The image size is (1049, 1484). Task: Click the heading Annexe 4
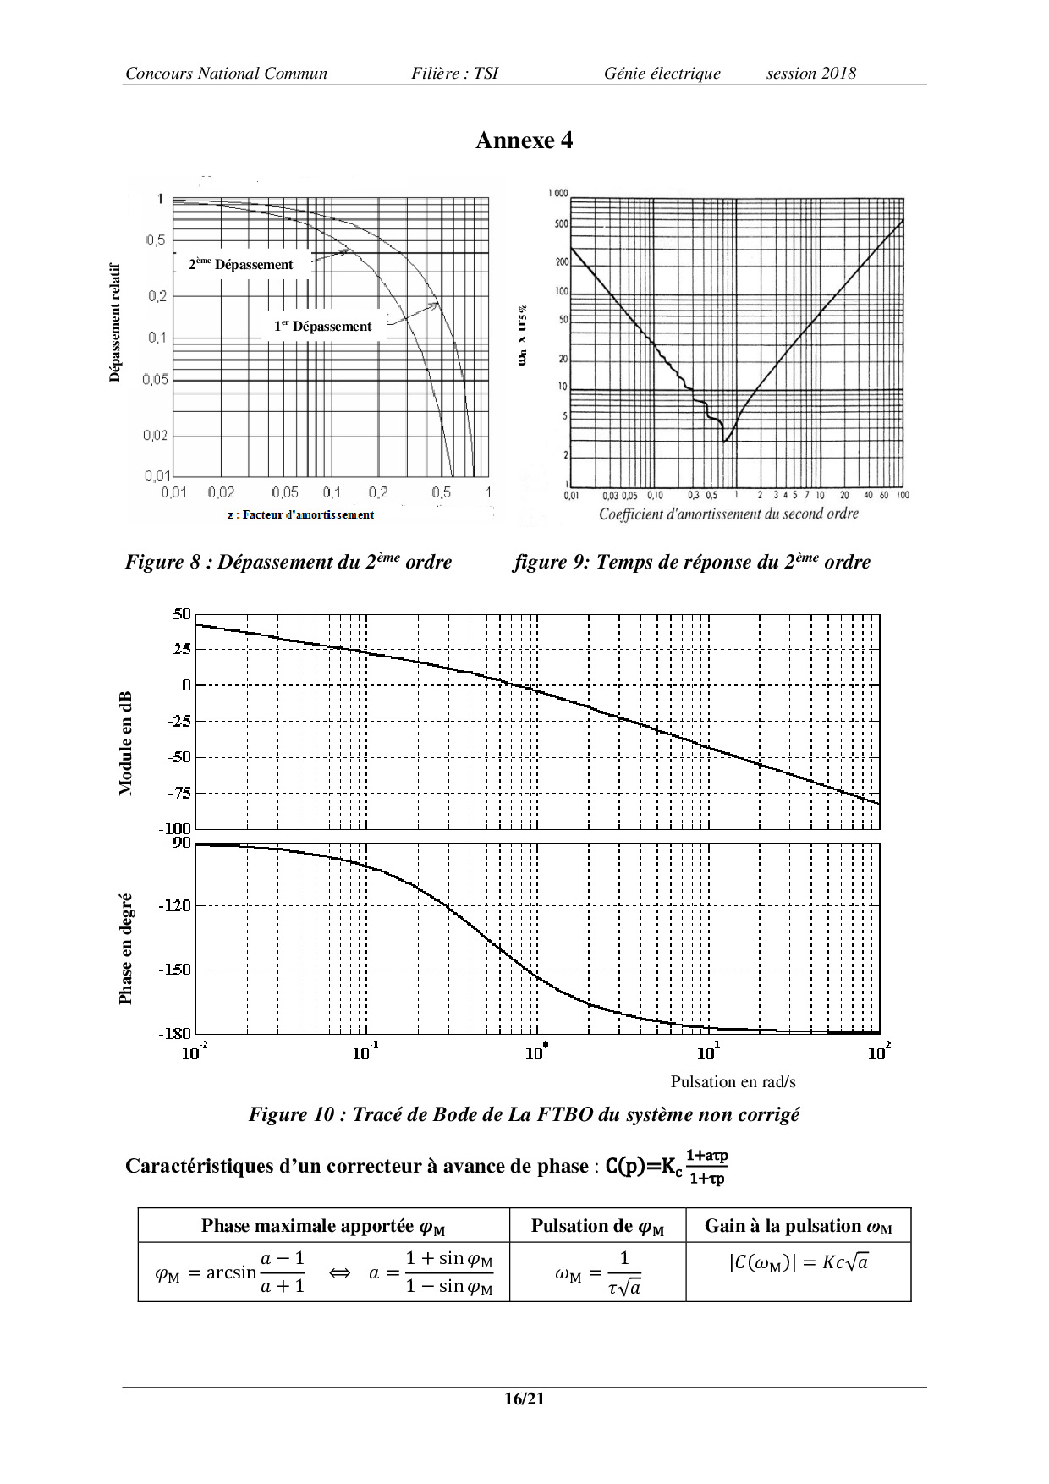pos(524,140)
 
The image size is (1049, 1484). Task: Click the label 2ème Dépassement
pos(241,264)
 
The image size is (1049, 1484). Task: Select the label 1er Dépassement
pos(322,327)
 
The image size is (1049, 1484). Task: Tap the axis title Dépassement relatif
pos(115,322)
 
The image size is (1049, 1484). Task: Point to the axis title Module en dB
pos(126,744)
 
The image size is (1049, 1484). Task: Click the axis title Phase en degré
pos(126,948)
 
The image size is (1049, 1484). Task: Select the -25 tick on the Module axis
pos(179,721)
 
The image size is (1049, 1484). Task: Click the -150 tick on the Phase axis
pos(175,970)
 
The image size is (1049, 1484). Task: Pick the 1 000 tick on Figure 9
pos(557,194)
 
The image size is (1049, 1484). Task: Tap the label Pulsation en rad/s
pos(733,1081)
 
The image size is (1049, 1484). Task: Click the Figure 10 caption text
pos(524,1114)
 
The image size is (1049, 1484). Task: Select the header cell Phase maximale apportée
pos(323,1226)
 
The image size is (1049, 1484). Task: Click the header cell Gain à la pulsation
pos(798,1226)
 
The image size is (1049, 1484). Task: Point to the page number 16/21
pos(524,1399)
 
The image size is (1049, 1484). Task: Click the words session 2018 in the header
pos(810,74)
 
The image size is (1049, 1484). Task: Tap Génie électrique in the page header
pos(662,74)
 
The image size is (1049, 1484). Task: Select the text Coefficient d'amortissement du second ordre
pos(728,514)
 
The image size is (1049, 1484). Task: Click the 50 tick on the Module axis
pos(182,614)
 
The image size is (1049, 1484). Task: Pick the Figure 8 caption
pos(288,562)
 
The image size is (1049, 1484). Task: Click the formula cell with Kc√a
pos(798,1262)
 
